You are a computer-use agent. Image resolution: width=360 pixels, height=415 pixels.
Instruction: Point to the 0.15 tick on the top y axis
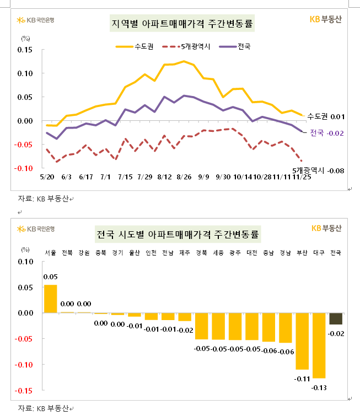25,50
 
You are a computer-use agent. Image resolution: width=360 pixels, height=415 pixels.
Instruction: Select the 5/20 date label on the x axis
47,177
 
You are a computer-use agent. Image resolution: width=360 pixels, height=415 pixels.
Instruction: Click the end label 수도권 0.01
325,116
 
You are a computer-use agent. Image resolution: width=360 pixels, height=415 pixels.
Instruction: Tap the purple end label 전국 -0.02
327,132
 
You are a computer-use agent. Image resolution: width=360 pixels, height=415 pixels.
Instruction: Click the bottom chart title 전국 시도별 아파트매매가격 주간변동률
178,234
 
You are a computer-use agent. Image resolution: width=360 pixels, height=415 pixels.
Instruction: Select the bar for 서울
50,299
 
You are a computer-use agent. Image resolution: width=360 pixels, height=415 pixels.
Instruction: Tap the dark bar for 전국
335,318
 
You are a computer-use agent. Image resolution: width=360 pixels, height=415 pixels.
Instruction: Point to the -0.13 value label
319,388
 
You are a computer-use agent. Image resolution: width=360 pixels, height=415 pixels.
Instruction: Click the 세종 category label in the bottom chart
218,253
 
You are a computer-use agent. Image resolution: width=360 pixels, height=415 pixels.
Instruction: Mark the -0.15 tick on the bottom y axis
24,391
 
